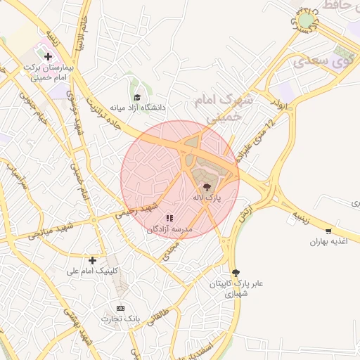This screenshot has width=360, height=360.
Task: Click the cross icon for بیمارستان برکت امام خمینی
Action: pyautogui.click(x=48, y=56)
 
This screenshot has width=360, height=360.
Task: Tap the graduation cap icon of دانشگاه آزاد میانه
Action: pyautogui.click(x=137, y=97)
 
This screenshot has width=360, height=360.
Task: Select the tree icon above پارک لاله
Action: pyautogui.click(x=207, y=187)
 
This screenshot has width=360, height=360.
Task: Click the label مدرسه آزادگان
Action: pyautogui.click(x=169, y=229)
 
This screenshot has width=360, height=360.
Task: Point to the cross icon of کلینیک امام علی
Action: pyautogui.click(x=92, y=260)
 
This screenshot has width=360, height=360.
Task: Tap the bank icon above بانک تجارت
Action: pyautogui.click(x=120, y=308)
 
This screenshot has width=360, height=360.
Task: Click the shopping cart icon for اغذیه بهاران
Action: pyautogui.click(x=328, y=231)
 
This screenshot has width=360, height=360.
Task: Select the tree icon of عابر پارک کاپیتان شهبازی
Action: pyautogui.click(x=235, y=273)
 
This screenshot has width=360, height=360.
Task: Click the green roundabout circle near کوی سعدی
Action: pyautogui.click(x=305, y=21)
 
